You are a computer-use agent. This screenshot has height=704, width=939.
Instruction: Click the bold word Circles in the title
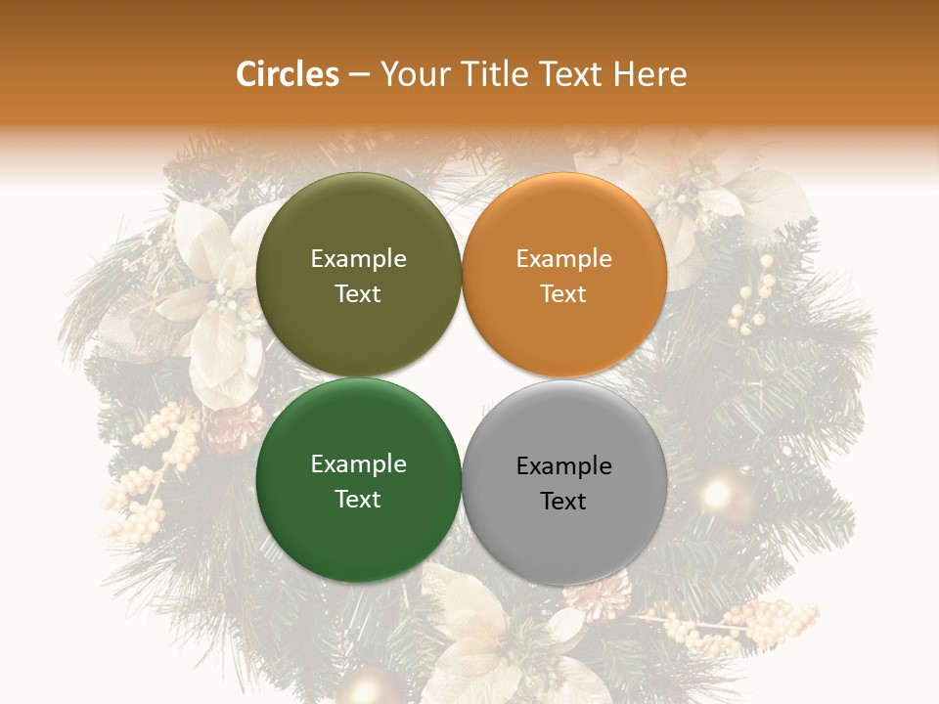pyautogui.click(x=287, y=74)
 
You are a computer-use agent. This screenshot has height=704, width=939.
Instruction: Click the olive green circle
pyautogui.click(x=358, y=220)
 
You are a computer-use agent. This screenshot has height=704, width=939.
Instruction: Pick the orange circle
pyautogui.click(x=564, y=220)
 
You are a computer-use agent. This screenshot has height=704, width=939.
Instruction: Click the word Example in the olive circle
pyautogui.click(x=358, y=258)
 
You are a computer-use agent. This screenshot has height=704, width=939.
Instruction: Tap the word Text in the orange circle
pyautogui.click(x=563, y=294)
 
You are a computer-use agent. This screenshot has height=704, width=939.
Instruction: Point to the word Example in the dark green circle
pyautogui.click(x=358, y=463)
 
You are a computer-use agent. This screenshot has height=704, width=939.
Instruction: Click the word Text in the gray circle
pyautogui.click(x=563, y=502)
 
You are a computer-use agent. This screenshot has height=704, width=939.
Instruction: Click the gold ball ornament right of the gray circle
pyautogui.click(x=720, y=493)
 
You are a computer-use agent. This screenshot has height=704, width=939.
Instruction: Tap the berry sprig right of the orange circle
pyautogui.click(x=753, y=298)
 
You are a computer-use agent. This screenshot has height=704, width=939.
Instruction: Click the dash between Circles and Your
pyautogui.click(x=359, y=75)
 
